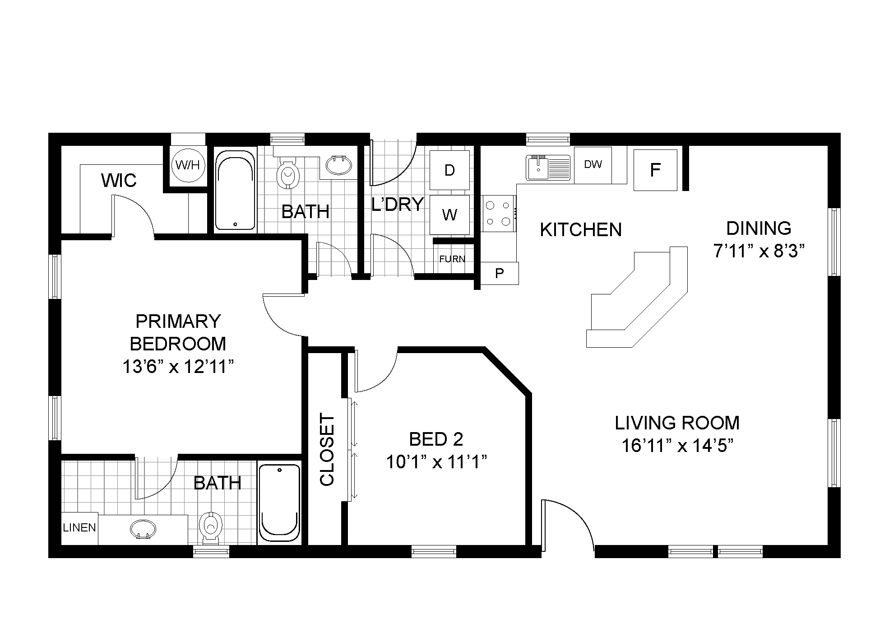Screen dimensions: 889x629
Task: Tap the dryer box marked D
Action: pyautogui.click(x=449, y=170)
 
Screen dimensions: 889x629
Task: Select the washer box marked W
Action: pyautogui.click(x=449, y=214)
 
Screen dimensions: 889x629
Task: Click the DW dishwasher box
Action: pyautogui.click(x=593, y=165)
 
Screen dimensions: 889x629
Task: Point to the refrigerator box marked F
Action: pyautogui.click(x=655, y=170)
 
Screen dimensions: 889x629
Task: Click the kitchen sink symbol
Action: pyautogui.click(x=548, y=168)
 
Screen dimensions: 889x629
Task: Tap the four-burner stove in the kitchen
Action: pyautogui.click(x=498, y=213)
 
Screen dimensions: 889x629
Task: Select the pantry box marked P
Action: pyautogui.click(x=499, y=273)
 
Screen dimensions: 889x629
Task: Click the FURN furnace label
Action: pyautogui.click(x=452, y=259)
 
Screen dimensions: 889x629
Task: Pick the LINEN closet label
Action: pyautogui.click(x=79, y=527)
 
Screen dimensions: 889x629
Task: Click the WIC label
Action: pyautogui.click(x=119, y=181)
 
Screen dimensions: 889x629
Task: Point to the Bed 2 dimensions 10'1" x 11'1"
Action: pyautogui.click(x=436, y=462)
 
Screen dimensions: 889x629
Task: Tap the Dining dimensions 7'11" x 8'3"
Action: pyautogui.click(x=759, y=251)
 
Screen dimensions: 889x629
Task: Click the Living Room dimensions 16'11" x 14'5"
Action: pyautogui.click(x=677, y=446)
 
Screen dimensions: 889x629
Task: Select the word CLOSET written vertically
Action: pyautogui.click(x=327, y=450)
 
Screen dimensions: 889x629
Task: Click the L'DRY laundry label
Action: pyautogui.click(x=398, y=205)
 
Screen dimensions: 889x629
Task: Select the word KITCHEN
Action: pyautogui.click(x=581, y=230)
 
